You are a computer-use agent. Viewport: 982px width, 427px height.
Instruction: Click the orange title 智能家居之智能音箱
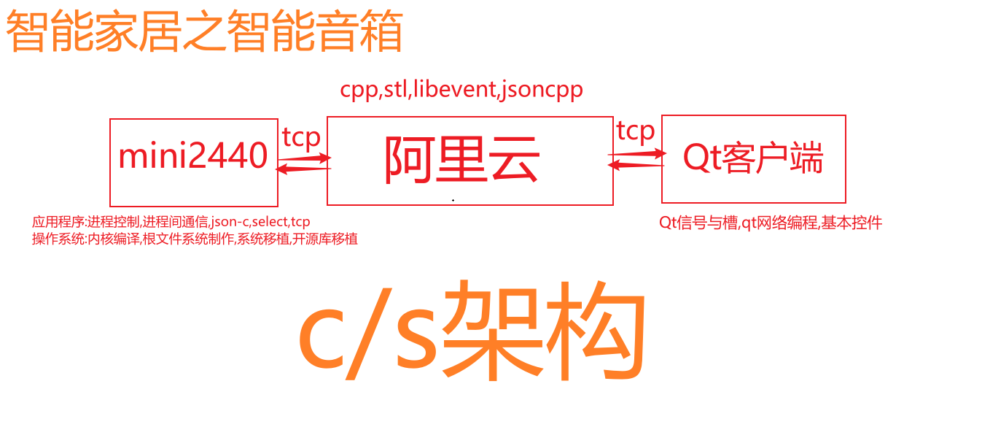tap(204, 31)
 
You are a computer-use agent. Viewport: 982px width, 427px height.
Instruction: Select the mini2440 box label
tap(193, 155)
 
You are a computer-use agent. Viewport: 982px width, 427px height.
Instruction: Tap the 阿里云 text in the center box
tap(462, 159)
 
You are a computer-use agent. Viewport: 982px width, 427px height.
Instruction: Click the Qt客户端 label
tap(753, 158)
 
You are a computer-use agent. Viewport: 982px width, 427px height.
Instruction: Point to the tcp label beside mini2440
tap(301, 138)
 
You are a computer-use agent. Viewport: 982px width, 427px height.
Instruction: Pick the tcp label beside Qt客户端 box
tap(635, 131)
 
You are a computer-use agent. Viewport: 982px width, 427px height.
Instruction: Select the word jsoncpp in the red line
tap(542, 90)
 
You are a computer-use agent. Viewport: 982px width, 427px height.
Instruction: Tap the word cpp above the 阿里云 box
tap(359, 91)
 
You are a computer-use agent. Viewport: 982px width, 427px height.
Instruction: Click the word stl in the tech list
tap(396, 89)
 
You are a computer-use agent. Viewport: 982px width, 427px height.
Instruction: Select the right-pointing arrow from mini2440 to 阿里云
tap(305, 158)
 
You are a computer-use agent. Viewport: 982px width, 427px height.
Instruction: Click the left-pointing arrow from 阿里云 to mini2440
tap(303, 169)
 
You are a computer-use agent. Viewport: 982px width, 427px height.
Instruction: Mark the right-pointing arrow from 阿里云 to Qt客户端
tap(637, 153)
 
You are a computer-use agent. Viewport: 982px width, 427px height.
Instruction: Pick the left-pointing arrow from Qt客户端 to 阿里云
tap(636, 164)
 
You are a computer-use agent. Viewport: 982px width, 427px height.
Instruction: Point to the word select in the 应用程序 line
tap(270, 222)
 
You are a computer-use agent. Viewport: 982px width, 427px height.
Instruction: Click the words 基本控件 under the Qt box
tap(852, 223)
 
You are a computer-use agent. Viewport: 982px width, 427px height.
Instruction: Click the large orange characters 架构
tap(544, 330)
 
